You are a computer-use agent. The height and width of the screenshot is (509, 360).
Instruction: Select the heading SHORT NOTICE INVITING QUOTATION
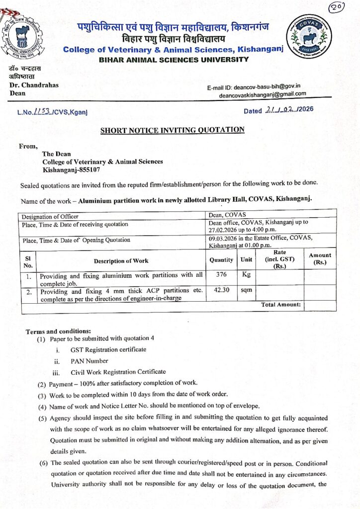coord(173,130)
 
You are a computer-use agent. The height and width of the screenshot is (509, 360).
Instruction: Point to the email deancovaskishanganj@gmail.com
coord(263,94)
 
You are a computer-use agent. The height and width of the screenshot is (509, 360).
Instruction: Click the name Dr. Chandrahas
coord(34,85)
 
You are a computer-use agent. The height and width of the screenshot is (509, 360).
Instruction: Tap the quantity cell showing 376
coord(221,274)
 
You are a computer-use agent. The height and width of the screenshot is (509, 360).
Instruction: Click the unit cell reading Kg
coord(246,274)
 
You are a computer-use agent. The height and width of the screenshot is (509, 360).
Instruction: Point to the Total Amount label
coord(281,304)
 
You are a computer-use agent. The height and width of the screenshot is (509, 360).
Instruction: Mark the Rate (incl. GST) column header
coord(279,259)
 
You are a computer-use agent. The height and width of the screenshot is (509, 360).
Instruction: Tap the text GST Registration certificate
coord(108,349)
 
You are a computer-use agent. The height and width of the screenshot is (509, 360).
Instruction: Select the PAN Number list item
coord(89,361)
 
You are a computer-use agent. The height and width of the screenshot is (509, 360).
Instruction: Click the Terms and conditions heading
coord(58,331)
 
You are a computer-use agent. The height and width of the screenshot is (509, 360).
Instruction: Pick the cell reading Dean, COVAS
coord(226,215)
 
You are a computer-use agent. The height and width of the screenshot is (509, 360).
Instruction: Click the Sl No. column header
coord(28,260)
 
